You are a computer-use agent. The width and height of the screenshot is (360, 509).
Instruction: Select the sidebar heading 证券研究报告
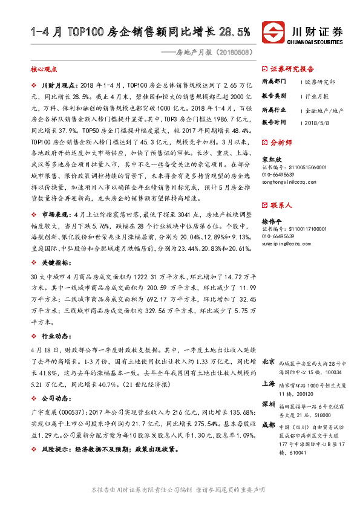292,68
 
